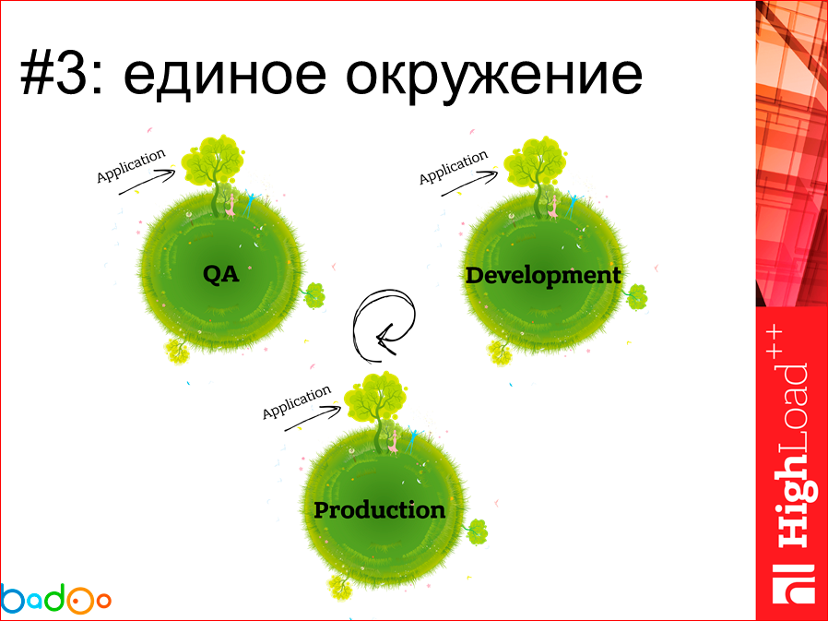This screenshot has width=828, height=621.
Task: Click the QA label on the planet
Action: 221,274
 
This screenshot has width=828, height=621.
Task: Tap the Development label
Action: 543,276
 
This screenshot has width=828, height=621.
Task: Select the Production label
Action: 380,510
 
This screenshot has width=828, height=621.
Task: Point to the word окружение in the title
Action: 493,76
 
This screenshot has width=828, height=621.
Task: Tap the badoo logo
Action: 55,598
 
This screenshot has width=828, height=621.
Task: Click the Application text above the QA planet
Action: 131,166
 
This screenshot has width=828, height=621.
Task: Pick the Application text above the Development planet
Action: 454,168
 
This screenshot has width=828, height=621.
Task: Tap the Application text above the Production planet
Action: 297,402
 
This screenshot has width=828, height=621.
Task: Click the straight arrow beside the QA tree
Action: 147,182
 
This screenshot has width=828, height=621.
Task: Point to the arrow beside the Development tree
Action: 469,183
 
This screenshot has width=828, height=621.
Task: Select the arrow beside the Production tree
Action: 313,418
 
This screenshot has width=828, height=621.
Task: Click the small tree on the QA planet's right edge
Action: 314,295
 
